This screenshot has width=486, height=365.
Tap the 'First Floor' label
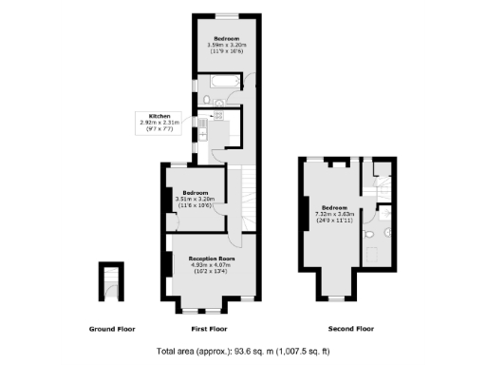coord(208,329)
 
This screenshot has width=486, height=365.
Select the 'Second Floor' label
coord(351,329)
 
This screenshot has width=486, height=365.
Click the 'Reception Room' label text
coord(212,258)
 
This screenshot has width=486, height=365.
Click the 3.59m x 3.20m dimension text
coord(226,45)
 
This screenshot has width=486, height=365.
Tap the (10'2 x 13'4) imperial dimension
coord(212,271)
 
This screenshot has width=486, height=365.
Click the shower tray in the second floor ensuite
coord(374,254)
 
